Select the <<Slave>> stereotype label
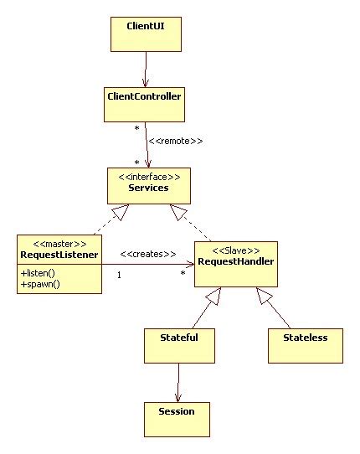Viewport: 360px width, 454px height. point(234,250)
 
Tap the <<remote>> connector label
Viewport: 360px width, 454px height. point(176,141)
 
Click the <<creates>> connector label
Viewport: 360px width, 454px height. point(147,253)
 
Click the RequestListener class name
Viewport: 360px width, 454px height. point(59,254)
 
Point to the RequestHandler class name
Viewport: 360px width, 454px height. point(234,261)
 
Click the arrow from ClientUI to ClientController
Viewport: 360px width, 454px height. point(146,67)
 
